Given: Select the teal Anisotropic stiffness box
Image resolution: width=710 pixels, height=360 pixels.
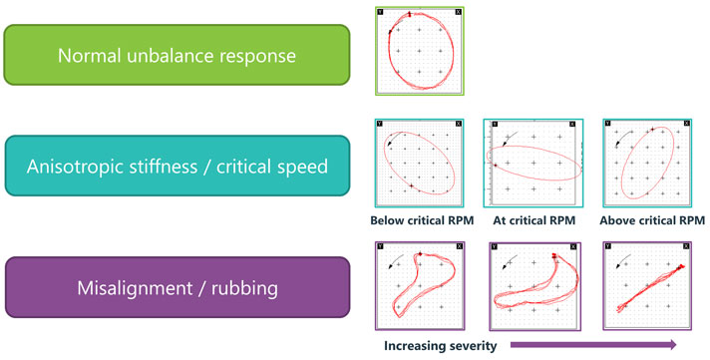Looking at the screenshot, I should click(177, 168).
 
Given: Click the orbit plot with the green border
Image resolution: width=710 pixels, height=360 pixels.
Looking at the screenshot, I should click(420, 52).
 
